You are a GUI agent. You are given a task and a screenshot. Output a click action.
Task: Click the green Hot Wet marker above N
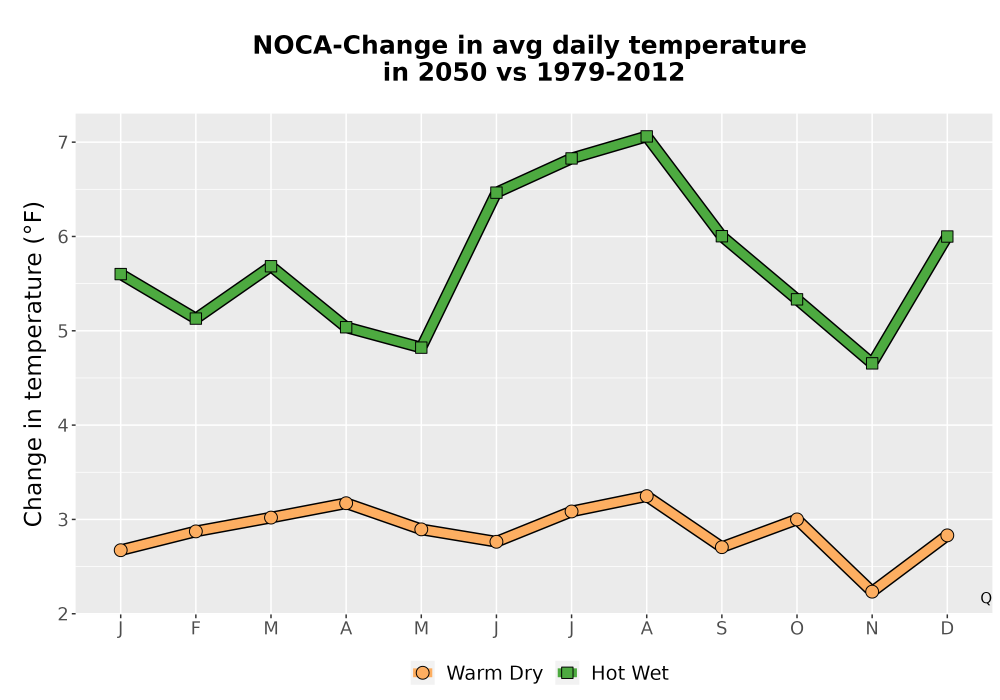pos(872,363)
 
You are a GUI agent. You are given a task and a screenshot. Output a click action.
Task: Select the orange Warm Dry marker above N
pos(872,592)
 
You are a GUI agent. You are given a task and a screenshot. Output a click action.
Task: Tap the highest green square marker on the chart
pos(647,136)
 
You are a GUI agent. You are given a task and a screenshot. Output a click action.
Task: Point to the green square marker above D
pos(947,237)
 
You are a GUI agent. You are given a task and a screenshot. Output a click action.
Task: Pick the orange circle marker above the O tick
pos(797,519)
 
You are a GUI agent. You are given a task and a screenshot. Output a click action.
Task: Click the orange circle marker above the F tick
pos(196,531)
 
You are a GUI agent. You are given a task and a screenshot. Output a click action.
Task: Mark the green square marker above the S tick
pos(722,236)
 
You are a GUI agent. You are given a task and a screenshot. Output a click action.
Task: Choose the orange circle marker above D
pos(947,535)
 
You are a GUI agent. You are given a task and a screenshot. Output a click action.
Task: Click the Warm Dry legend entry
pos(477,673)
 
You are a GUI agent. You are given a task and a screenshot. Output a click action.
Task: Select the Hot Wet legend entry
pos(613,673)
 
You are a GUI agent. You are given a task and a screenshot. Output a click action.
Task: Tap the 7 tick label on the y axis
pos(62,142)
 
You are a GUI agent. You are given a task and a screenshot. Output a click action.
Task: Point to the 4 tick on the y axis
pos(62,425)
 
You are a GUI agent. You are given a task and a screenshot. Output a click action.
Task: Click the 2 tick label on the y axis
pos(62,614)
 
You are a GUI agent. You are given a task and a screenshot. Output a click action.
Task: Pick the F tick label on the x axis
pos(196,629)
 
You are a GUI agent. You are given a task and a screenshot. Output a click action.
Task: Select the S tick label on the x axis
pos(722,629)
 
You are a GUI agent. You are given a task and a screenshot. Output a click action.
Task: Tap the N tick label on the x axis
pos(872,629)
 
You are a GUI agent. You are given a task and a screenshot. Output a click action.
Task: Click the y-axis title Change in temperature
pos(33,363)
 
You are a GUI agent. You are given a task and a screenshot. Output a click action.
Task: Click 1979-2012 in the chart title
pos(610,72)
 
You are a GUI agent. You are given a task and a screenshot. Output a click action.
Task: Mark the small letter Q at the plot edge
pos(986,598)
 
